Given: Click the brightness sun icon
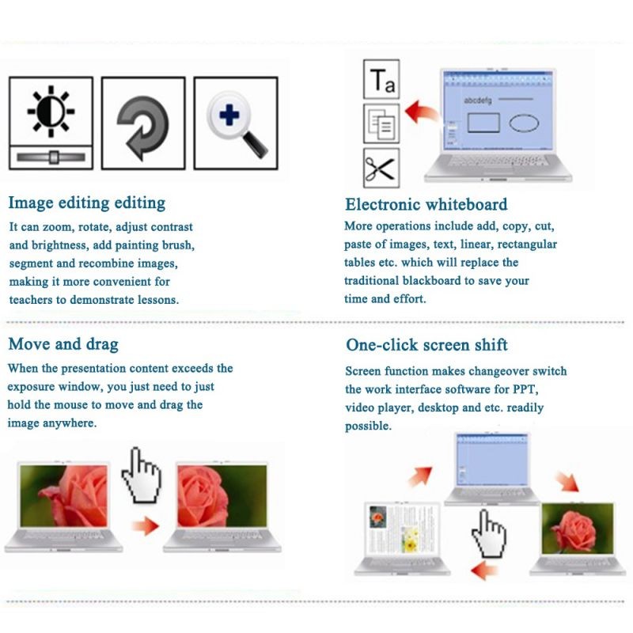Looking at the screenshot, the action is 51,111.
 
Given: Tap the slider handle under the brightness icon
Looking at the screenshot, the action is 54,157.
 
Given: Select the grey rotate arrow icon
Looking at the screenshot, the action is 143,127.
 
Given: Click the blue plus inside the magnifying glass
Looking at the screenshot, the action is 229,115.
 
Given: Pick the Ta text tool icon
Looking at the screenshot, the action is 381,79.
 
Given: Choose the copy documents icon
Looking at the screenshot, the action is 381,123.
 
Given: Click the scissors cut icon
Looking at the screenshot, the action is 381,168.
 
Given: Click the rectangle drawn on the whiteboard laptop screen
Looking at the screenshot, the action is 483,123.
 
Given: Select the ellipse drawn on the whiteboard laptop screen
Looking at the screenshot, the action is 524,123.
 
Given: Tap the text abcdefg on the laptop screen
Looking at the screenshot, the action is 478,100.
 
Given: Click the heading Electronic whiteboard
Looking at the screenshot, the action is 426,204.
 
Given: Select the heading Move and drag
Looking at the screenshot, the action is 63,344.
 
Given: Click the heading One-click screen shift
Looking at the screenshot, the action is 426,345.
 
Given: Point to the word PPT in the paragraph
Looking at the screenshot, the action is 525,389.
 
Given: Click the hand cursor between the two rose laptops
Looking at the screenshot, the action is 142,476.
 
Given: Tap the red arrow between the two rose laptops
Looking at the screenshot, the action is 146,525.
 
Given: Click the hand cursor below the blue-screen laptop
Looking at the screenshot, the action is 489,533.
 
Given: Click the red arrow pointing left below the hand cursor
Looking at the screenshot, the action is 484,570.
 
